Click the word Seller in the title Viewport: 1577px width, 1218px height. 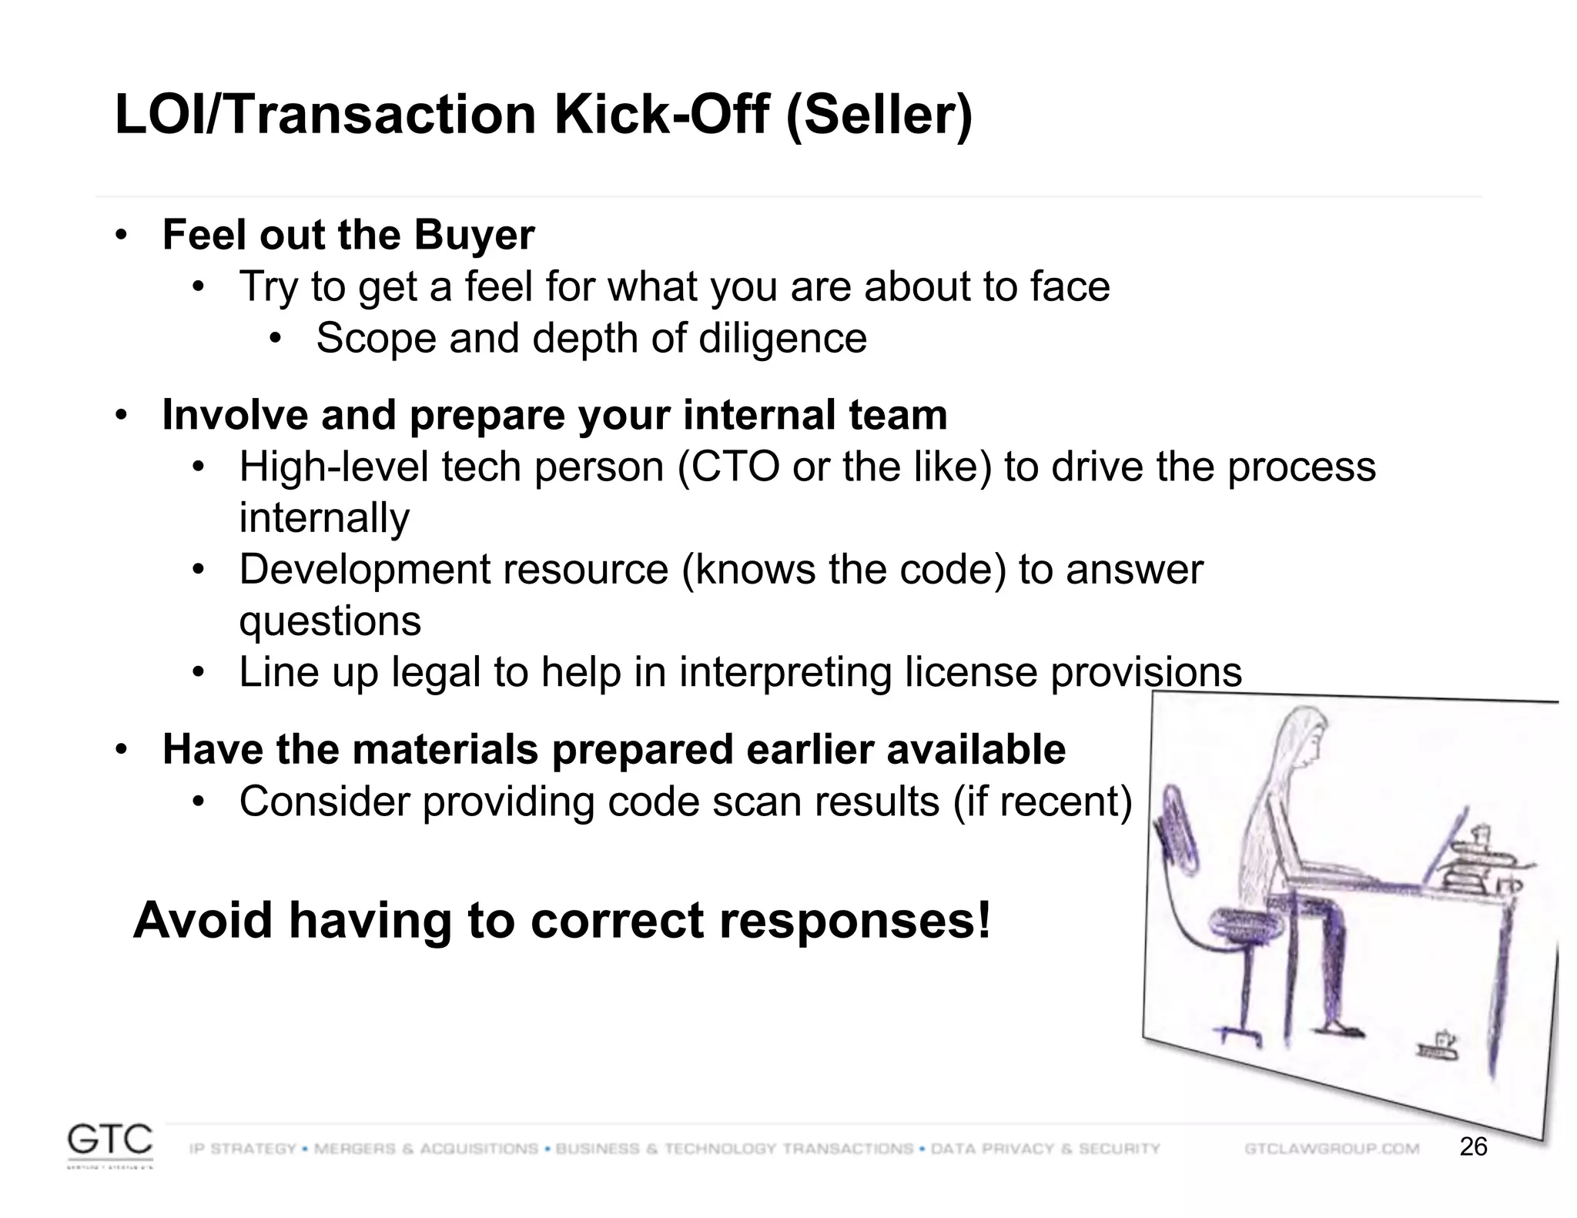pyautogui.click(x=879, y=115)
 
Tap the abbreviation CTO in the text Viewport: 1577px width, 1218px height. pyautogui.click(x=735, y=467)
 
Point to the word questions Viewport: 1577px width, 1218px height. pyautogui.click(x=330, y=621)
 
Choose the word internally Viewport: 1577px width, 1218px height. pyautogui.click(x=323, y=518)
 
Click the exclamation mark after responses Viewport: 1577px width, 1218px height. pyautogui.click(x=983, y=921)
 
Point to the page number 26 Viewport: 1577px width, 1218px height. pyautogui.click(x=1473, y=1147)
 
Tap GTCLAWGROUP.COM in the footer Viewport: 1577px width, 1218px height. pyautogui.click(x=1331, y=1149)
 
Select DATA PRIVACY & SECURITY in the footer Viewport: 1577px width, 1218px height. pyautogui.click(x=1045, y=1149)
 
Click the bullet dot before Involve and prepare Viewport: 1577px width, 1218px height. pyautogui.click(x=120, y=416)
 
